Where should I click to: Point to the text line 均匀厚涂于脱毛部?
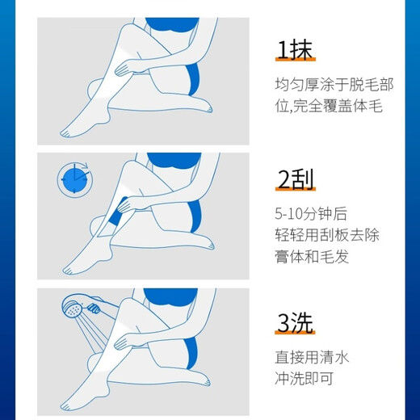click(327, 82)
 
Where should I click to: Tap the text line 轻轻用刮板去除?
click(327, 236)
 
